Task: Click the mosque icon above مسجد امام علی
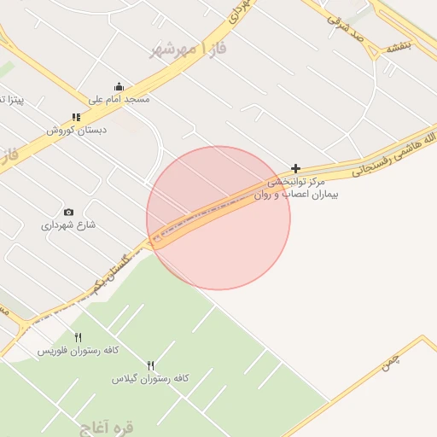[119, 86]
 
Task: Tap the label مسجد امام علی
[119, 100]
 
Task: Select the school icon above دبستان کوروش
[76, 118]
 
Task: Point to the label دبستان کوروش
[74, 131]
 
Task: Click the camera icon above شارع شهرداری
[68, 212]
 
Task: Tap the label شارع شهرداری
[68, 225]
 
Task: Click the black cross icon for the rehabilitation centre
[296, 169]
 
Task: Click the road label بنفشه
[398, 45]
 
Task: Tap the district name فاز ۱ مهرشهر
[189, 51]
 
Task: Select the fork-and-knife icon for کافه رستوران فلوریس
[79, 337]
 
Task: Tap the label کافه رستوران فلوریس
[78, 351]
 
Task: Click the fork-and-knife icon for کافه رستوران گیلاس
[151, 365]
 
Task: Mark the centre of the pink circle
[218, 218]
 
